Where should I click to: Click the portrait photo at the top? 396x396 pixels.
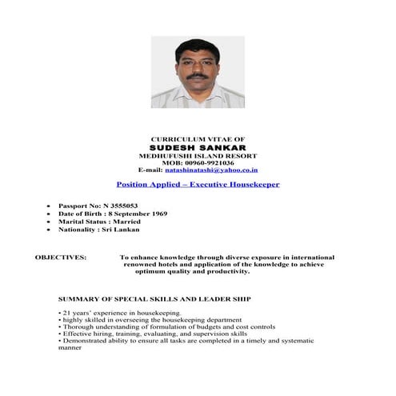point(198,72)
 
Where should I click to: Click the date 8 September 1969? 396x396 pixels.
point(139,214)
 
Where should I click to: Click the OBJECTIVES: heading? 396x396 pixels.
point(61,258)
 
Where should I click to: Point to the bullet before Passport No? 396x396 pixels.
point(49,206)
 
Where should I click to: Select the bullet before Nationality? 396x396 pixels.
point(49,230)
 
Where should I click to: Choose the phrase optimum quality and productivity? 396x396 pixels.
point(192,271)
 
